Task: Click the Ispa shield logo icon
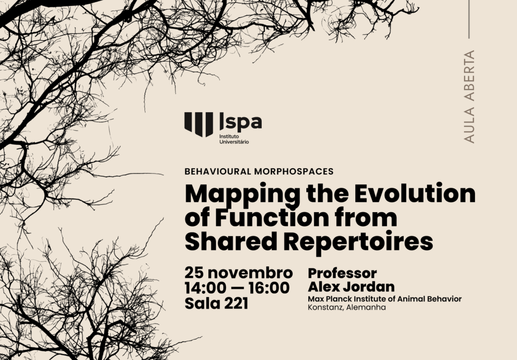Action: (x=199, y=124)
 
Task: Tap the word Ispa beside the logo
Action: (x=241, y=122)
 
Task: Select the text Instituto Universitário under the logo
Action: (x=234, y=139)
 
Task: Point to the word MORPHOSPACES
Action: (x=297, y=171)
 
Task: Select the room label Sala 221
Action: (x=216, y=304)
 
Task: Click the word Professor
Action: (x=342, y=273)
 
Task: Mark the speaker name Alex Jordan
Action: (x=351, y=287)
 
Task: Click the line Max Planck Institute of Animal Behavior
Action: (x=385, y=299)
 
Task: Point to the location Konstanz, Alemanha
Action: (x=346, y=307)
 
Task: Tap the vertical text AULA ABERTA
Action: (x=469, y=96)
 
